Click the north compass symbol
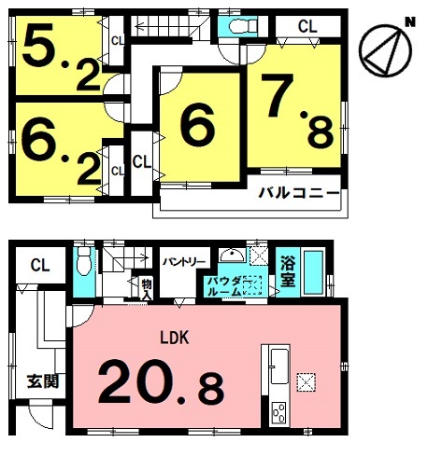tap(385, 50)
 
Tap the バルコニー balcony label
tap(299, 193)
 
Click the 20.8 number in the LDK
tap(161, 380)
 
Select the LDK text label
tap(175, 338)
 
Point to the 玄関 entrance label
tap(43, 381)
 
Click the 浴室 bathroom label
tap(288, 271)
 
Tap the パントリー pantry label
tap(184, 261)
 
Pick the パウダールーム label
tap(225, 286)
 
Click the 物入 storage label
tap(147, 289)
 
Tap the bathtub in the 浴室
tap(313, 272)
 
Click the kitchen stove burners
tap(278, 412)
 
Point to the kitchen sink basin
tap(279, 366)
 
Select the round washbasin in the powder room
tap(232, 256)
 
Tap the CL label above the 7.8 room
tap(307, 27)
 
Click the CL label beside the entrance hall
tap(40, 266)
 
